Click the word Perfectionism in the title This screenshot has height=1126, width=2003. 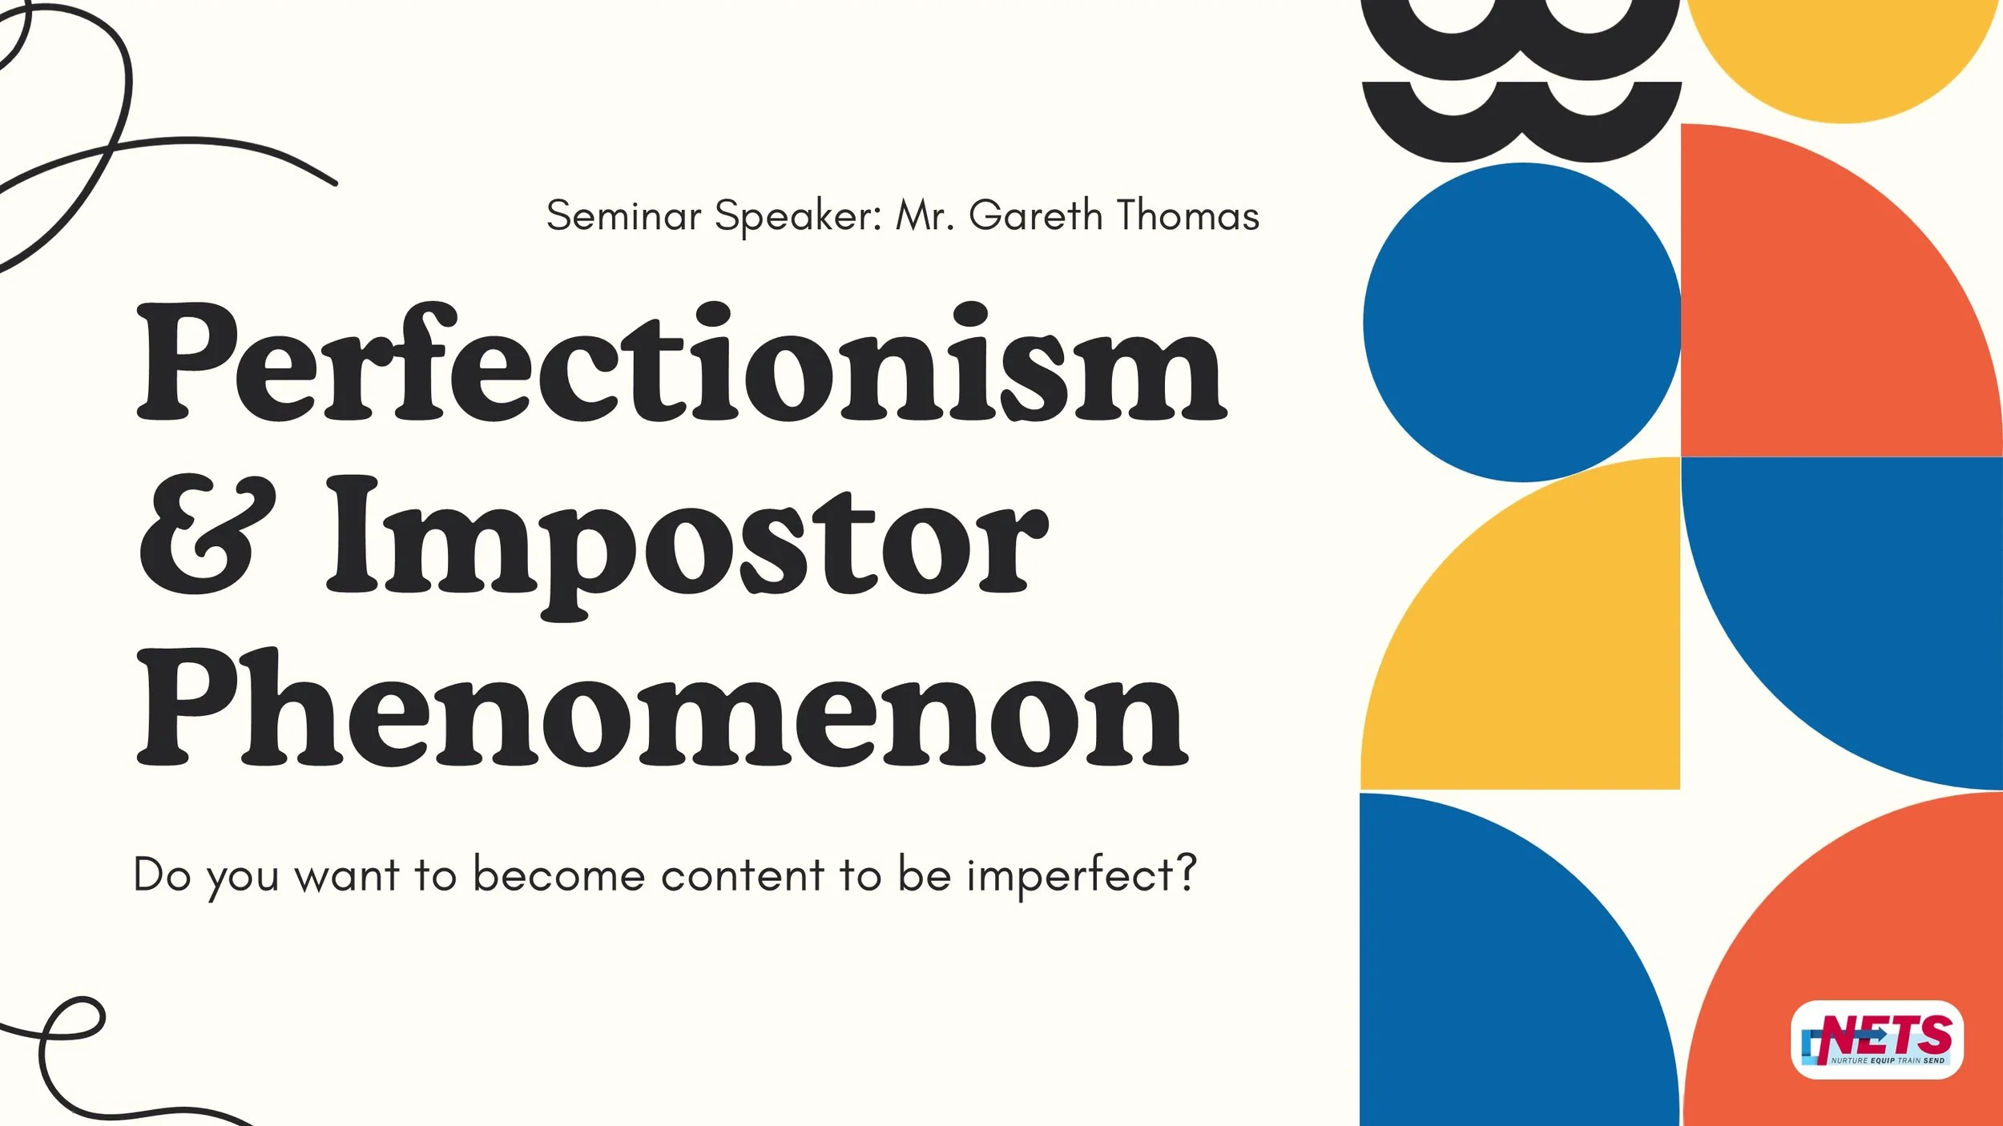click(681, 364)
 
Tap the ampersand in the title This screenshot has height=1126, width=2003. click(207, 535)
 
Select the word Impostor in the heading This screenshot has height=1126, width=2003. click(687, 545)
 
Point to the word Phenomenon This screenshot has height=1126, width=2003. click(662, 709)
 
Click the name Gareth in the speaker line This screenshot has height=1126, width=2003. click(1035, 215)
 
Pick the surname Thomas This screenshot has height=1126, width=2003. click(1188, 215)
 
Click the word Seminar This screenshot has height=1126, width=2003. click(623, 215)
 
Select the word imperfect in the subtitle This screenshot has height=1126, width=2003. click(1070, 875)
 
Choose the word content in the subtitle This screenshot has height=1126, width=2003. click(743, 875)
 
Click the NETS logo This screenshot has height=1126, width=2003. click(1876, 1040)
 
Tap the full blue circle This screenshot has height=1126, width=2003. click(1521, 322)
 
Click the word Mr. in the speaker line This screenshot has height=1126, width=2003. click(925, 215)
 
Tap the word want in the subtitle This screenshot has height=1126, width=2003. click(346, 875)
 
